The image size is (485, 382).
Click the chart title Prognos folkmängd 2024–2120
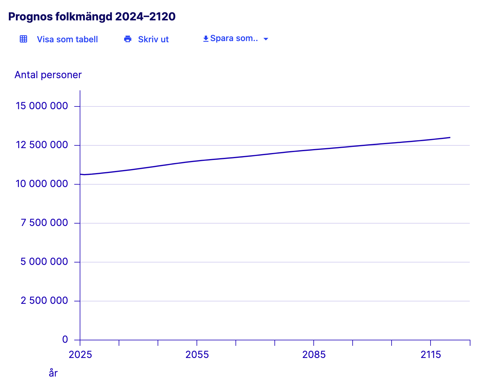pyautogui.click(x=92, y=17)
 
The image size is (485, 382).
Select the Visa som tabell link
pyautogui.click(x=67, y=40)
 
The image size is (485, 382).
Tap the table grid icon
pyautogui.click(x=23, y=39)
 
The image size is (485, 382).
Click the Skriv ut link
pyautogui.click(x=153, y=40)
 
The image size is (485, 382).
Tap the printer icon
pyautogui.click(x=128, y=39)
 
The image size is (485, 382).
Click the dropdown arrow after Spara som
pyautogui.click(x=266, y=39)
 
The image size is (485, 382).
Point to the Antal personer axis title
pyautogui.click(x=48, y=75)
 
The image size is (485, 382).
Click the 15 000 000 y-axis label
pyautogui.click(x=42, y=106)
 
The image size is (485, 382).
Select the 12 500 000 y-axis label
pyautogui.click(x=42, y=145)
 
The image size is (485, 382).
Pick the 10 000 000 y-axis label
pyautogui.click(x=42, y=184)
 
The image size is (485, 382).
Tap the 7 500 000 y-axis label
pyautogui.click(x=44, y=223)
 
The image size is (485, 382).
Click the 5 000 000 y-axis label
pyautogui.click(x=44, y=262)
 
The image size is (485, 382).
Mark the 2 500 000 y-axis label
pyautogui.click(x=44, y=300)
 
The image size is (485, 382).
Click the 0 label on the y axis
pyautogui.click(x=65, y=339)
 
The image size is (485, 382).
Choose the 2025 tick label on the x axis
pyautogui.click(x=80, y=355)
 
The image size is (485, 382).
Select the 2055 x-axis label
pyautogui.click(x=197, y=355)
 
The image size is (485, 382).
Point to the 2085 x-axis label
pyautogui.click(x=314, y=355)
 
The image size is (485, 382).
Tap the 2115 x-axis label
pyautogui.click(x=431, y=355)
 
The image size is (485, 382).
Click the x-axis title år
pyautogui.click(x=53, y=373)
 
